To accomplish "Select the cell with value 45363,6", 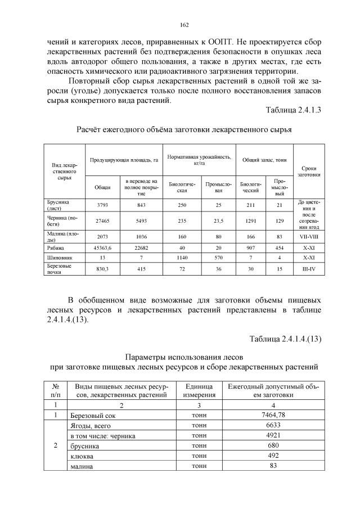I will tap(102, 247).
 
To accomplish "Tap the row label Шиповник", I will tap(58, 257).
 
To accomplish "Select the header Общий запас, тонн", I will tap(264, 160).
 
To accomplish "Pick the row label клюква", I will tap(82, 456).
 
